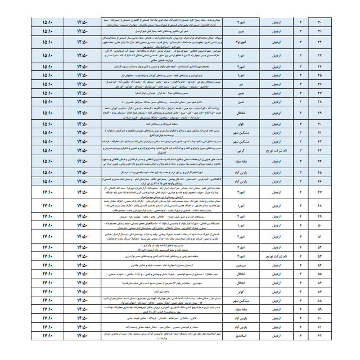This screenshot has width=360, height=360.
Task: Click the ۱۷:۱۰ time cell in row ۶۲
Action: coord(48,336)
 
